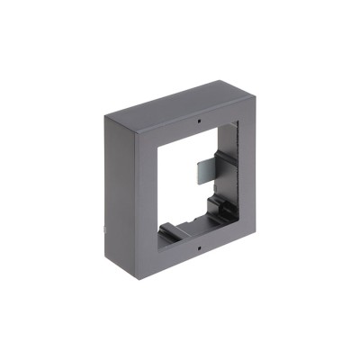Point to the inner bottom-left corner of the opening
pyautogui.click(x=159, y=237)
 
